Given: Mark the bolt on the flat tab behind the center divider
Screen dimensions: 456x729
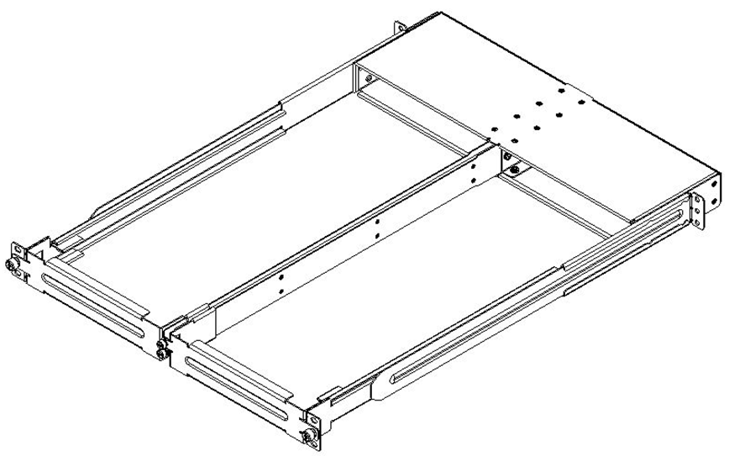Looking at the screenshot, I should click(x=515, y=170).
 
